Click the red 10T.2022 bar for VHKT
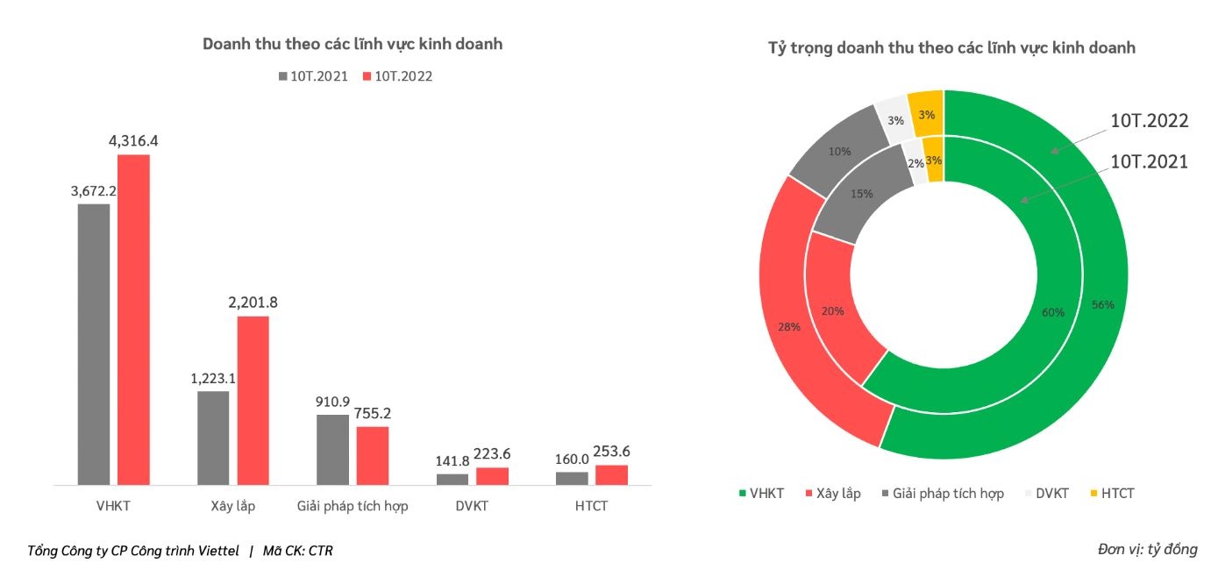[133, 319]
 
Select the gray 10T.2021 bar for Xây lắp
[213, 438]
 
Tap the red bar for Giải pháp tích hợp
[372, 455]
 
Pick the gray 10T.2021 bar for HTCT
[572, 478]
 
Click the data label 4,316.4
[133, 140]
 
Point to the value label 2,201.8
[253, 303]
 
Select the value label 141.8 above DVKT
[452, 460]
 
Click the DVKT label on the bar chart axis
[472, 506]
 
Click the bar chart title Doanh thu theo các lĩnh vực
[353, 44]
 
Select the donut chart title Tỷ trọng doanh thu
[951, 48]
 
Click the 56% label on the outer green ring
[1102, 305]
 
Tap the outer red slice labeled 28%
[790, 326]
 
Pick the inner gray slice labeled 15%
[861, 194]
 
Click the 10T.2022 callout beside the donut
[1149, 121]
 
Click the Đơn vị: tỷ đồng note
[1147, 550]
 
